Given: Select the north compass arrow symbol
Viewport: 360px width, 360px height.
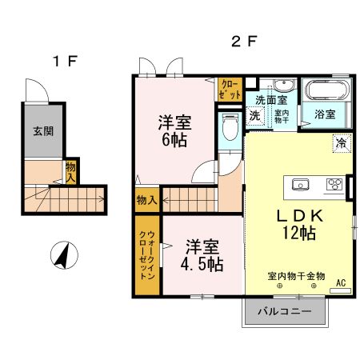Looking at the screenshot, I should coord(62,256).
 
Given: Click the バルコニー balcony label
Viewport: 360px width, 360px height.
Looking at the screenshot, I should coord(284,311).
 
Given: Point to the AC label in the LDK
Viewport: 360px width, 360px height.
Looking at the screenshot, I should coord(341,282).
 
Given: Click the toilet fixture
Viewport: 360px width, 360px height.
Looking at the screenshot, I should coord(229,126).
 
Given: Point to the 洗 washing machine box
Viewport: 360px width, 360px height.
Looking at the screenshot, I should coord(254,116).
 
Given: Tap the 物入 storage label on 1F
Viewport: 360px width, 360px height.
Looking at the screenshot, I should coord(71,170).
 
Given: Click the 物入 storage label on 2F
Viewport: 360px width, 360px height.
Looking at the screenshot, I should coord(147,198).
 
